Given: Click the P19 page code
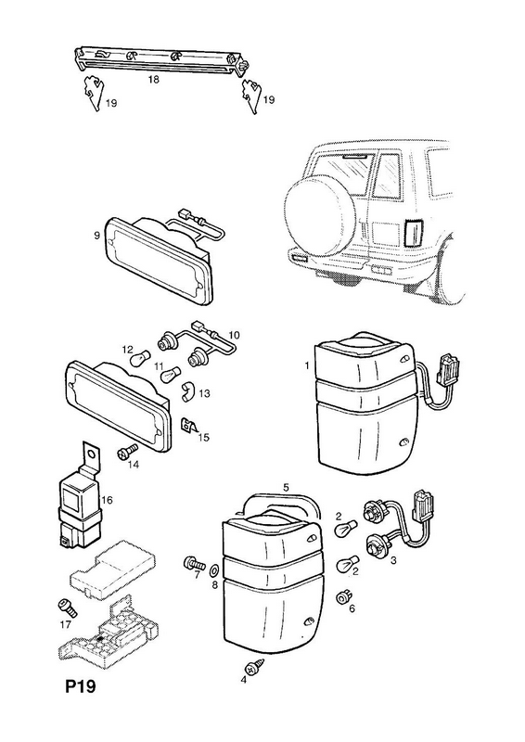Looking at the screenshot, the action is click(80, 686).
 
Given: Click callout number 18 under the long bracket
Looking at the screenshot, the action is click(153, 80).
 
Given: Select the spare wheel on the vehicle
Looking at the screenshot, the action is click(319, 221).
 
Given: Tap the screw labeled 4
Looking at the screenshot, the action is click(250, 667).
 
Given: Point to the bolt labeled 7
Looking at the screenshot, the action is click(194, 563).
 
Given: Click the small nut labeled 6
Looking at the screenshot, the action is click(340, 597).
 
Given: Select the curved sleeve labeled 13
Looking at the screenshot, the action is click(188, 392).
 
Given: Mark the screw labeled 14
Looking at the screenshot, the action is click(126, 450).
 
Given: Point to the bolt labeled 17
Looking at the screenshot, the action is click(64, 608).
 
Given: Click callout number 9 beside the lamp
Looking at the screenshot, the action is click(96, 236).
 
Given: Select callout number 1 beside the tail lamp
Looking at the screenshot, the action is click(307, 365).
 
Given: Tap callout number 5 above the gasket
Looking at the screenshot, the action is click(286, 487).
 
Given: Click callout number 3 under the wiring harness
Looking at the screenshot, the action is click(393, 561).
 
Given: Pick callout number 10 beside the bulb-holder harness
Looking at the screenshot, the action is click(234, 335).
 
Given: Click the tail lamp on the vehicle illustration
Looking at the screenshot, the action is click(414, 234).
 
